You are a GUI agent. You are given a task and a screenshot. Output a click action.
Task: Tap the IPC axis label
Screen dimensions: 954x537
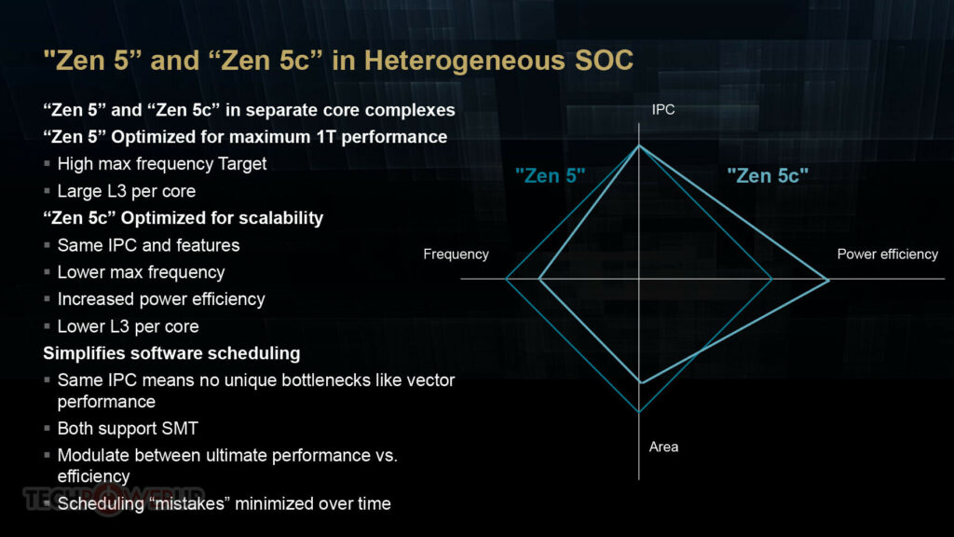coord(663,110)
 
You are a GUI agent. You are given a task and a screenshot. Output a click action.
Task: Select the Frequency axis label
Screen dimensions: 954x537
coord(456,254)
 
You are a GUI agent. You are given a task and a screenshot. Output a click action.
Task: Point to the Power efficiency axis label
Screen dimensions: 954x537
coord(887,254)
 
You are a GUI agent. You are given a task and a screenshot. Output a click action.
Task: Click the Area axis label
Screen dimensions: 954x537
coord(663,447)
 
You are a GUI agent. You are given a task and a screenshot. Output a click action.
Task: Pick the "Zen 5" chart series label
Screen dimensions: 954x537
coord(550,176)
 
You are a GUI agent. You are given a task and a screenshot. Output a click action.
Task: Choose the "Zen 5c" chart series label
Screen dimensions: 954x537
coord(768,176)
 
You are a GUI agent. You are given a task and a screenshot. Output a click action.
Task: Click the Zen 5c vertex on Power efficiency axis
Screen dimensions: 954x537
coord(828,280)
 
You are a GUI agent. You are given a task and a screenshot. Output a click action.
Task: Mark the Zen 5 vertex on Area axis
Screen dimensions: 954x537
coord(639,412)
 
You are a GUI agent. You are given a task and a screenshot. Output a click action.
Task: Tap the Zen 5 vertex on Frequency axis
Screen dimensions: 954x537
coord(506,279)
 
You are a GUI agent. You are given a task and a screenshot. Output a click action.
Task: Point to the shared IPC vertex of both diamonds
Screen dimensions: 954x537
coord(639,145)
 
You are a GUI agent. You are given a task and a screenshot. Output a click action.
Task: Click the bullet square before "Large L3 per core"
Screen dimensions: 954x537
coord(47,191)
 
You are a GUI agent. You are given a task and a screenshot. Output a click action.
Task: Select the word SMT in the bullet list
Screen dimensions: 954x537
coord(180,429)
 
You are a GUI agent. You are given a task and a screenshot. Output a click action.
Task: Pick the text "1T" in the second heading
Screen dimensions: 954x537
coord(325,137)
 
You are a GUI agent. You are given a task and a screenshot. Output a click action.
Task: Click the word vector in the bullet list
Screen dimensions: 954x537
coord(430,380)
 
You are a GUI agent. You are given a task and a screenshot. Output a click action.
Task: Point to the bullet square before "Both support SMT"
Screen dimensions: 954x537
coord(47,429)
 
